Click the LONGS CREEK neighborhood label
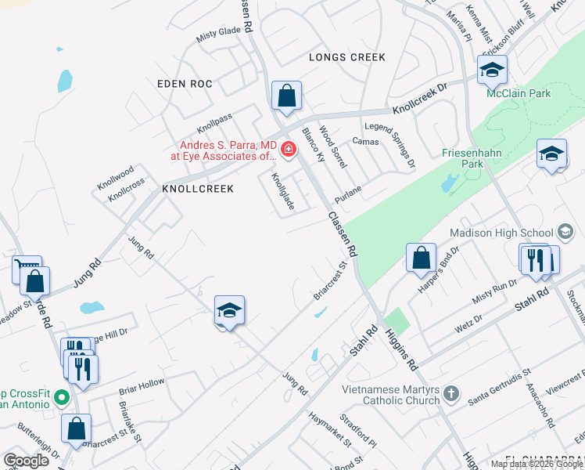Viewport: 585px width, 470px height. (347, 57)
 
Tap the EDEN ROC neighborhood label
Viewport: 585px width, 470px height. (184, 84)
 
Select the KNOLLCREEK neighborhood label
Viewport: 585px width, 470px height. (198, 189)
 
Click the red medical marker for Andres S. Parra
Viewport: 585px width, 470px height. (288, 149)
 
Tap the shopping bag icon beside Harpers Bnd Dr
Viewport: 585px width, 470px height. (421, 258)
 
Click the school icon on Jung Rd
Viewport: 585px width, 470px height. (229, 312)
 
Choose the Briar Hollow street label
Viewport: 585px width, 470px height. (142, 385)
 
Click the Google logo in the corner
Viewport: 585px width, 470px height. (27, 461)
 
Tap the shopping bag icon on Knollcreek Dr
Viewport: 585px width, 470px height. (287, 96)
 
